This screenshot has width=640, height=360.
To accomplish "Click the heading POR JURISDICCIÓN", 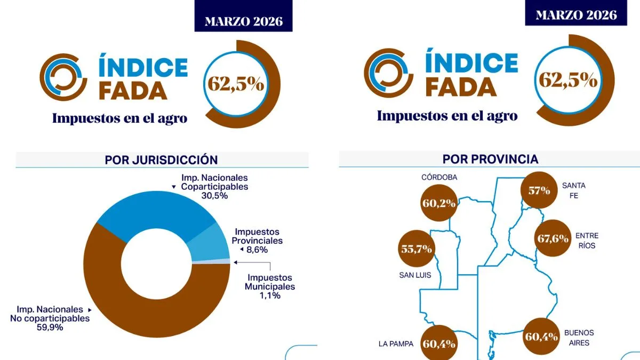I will (161, 159).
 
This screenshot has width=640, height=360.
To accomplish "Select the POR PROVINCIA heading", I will (490, 159).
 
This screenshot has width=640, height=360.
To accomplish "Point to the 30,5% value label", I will (215, 196).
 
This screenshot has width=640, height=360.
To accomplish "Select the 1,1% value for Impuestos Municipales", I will (270, 295).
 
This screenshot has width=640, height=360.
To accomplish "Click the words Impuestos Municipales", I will (269, 282).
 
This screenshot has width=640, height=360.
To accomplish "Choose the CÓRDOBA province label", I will (439, 177).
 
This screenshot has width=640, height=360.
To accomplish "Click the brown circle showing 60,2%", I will (439, 203).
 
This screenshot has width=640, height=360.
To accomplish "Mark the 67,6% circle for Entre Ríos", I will (553, 238).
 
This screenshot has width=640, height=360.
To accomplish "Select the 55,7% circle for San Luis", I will (417, 249).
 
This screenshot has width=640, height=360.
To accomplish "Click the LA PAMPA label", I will (396, 343).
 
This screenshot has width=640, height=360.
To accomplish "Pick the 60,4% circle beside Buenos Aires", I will (542, 337).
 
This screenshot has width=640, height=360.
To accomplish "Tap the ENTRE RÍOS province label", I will (587, 241).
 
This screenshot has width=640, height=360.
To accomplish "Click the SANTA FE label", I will (573, 190).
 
